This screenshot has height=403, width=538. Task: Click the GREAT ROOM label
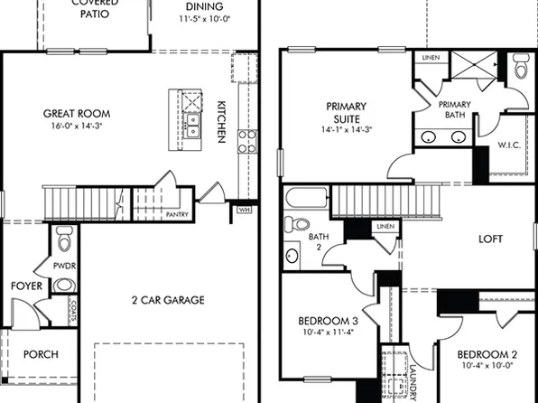click(x=78, y=114)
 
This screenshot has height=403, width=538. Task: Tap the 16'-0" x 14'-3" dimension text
click(x=78, y=127)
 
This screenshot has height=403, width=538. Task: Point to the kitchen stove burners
click(x=246, y=140)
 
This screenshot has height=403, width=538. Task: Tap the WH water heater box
click(x=244, y=210)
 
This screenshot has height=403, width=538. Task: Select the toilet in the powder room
click(x=63, y=240)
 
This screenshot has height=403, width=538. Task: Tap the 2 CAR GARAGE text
click(x=167, y=300)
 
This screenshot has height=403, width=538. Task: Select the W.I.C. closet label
click(x=508, y=145)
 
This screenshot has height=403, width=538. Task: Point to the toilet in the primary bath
click(x=521, y=68)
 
